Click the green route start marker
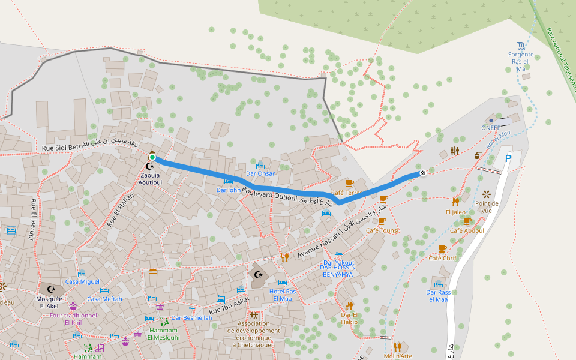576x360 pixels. coord(152,157)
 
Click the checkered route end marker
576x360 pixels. coord(423,173)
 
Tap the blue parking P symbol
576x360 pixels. coord(508,159)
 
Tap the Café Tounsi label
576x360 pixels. coord(382,230)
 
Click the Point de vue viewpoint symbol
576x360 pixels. coord(486,194)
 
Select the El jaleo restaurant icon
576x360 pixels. coord(456,202)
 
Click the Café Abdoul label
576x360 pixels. coord(467,230)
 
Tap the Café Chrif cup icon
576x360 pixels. coord(443,248)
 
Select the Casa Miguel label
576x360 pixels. coord(82,281)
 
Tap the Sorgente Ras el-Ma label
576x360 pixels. coord(520,62)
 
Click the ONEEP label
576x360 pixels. coord(490,127)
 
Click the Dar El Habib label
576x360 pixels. coord(349,318)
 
